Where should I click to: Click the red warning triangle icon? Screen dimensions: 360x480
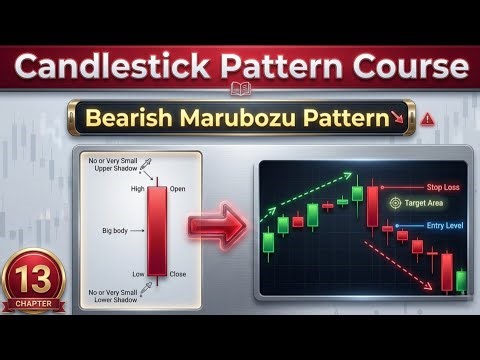pyautogui.click(x=428, y=118)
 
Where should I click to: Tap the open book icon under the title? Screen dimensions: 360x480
pyautogui.click(x=240, y=90)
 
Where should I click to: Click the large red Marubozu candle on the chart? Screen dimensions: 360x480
pyautogui.click(x=372, y=204)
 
